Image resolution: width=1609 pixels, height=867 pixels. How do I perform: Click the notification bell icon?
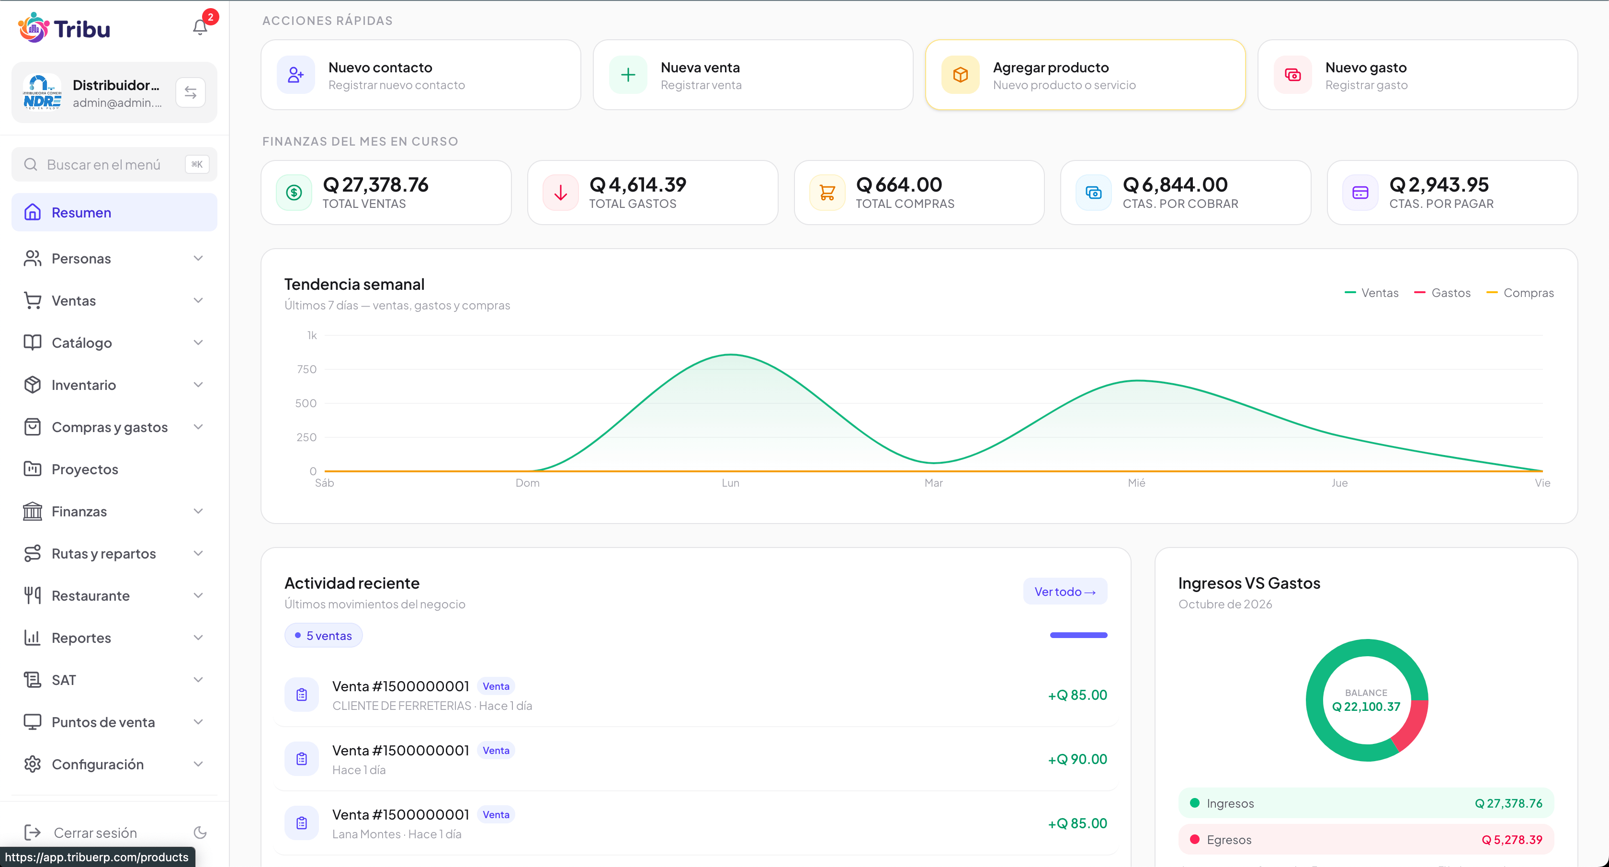point(200,27)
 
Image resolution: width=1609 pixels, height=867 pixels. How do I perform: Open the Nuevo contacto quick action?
point(420,75)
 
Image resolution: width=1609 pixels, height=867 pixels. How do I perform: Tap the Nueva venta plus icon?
point(628,75)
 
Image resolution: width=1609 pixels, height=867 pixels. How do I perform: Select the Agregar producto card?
point(1085,75)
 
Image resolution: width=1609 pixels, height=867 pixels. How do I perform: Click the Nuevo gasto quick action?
point(1417,75)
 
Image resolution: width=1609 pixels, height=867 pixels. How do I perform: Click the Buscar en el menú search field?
point(114,164)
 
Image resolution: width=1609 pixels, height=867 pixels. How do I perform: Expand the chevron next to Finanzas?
point(198,511)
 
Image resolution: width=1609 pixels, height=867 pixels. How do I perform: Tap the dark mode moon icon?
point(200,833)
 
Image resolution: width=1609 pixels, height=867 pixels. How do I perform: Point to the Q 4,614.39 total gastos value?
point(638,185)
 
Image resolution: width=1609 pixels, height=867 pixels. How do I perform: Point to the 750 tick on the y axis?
point(306,369)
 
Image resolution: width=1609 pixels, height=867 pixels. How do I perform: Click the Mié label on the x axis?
point(1136,483)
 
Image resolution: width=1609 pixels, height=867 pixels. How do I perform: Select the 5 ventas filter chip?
point(324,635)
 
